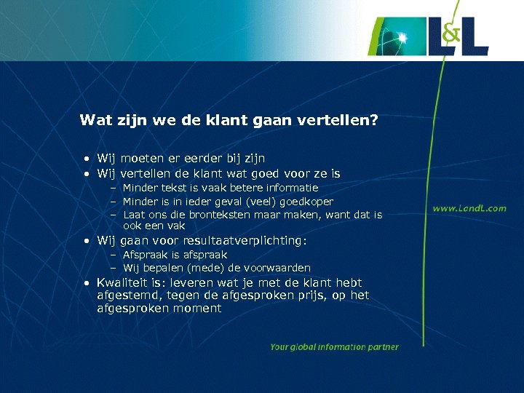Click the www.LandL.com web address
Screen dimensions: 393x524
click(469, 208)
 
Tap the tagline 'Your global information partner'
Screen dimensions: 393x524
click(334, 347)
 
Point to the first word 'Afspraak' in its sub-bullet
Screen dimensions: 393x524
click(144, 255)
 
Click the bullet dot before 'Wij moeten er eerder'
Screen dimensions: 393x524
click(86, 159)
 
